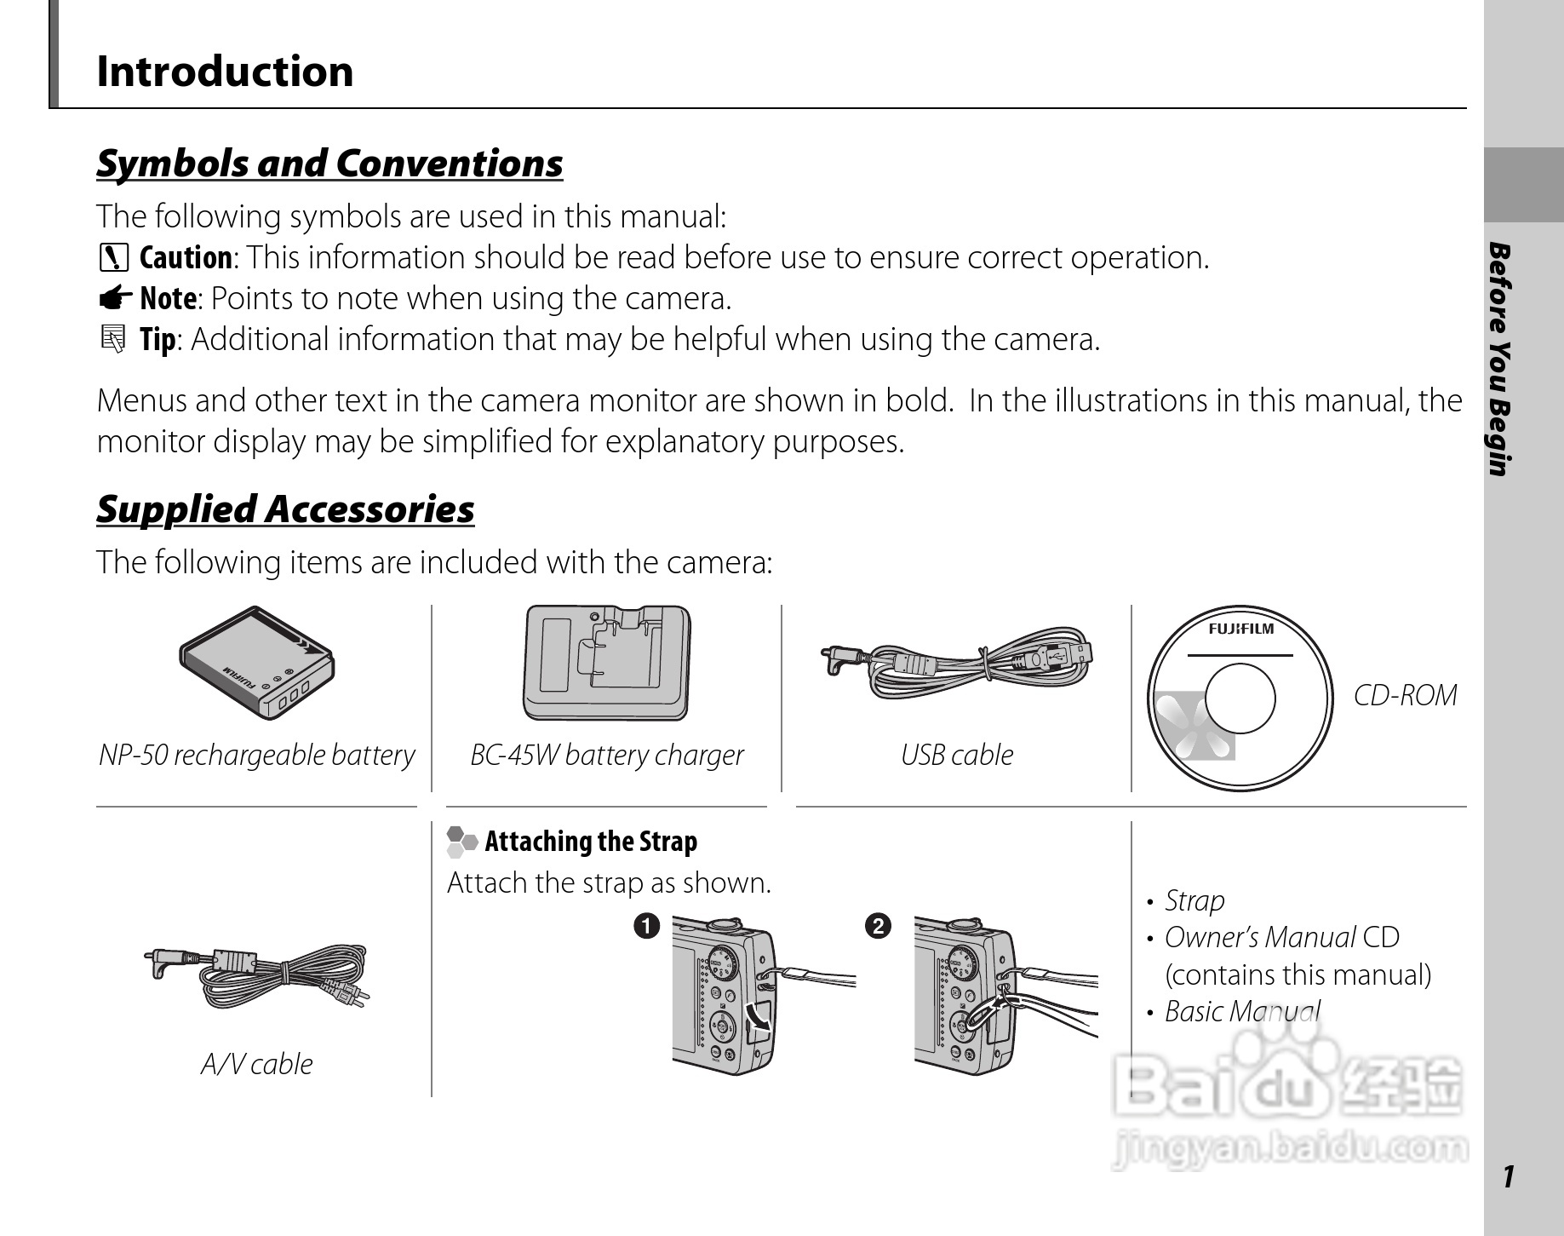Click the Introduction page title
[225, 71]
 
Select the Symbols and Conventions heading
[329, 163]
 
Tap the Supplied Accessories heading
[285, 509]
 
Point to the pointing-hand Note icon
[114, 298]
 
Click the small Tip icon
[112, 339]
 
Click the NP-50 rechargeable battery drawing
[256, 664]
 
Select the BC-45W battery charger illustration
[606, 663]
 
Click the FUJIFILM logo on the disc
[1240, 629]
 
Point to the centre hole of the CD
[1240, 698]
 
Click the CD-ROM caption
[1405, 695]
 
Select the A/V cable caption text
[256, 1064]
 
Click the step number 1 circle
[646, 925]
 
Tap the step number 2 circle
[878, 925]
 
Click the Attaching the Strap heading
[590, 842]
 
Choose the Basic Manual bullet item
[1241, 1011]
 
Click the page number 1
[1508, 1176]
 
